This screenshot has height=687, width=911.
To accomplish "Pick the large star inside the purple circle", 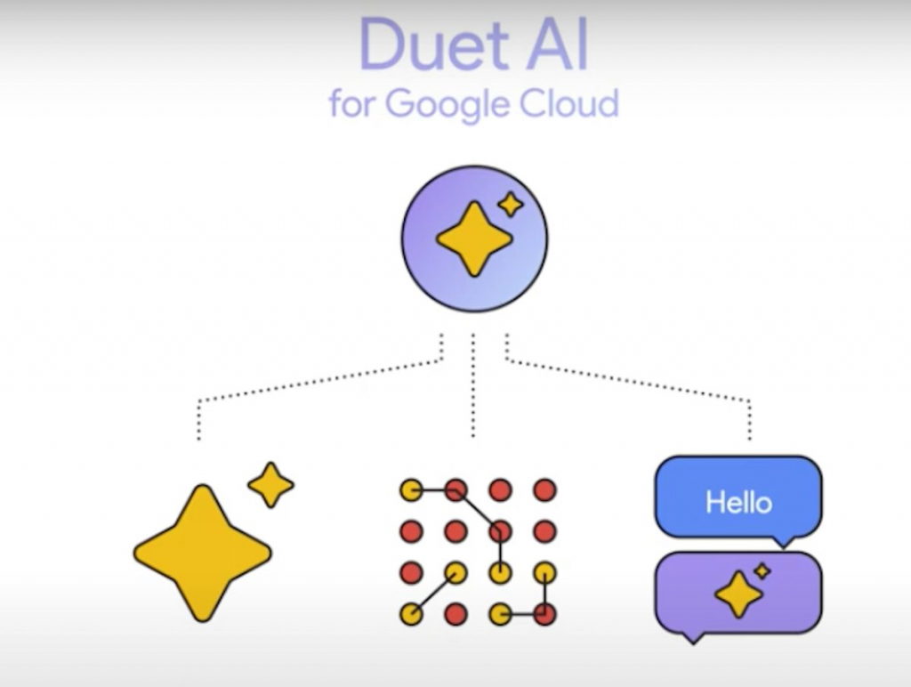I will coord(473,238).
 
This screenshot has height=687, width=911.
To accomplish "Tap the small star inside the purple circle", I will coord(511,205).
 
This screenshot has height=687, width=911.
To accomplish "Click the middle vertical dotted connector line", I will coord(473,387).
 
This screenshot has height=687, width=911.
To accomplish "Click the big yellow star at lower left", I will coord(203,553).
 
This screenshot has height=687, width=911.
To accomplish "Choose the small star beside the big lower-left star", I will coord(270,485).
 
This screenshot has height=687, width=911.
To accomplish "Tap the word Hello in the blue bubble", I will coord(738,503).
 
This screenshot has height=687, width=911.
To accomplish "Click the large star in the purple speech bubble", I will coord(738,594).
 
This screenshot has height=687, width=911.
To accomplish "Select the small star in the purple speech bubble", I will coord(762,570).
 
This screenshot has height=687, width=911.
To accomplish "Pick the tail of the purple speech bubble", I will coord(691,636).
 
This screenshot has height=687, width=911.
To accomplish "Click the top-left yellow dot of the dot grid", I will coord(411,490).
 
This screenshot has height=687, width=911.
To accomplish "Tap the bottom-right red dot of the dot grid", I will coord(544,613).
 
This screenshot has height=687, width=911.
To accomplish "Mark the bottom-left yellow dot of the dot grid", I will coord(411,613).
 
